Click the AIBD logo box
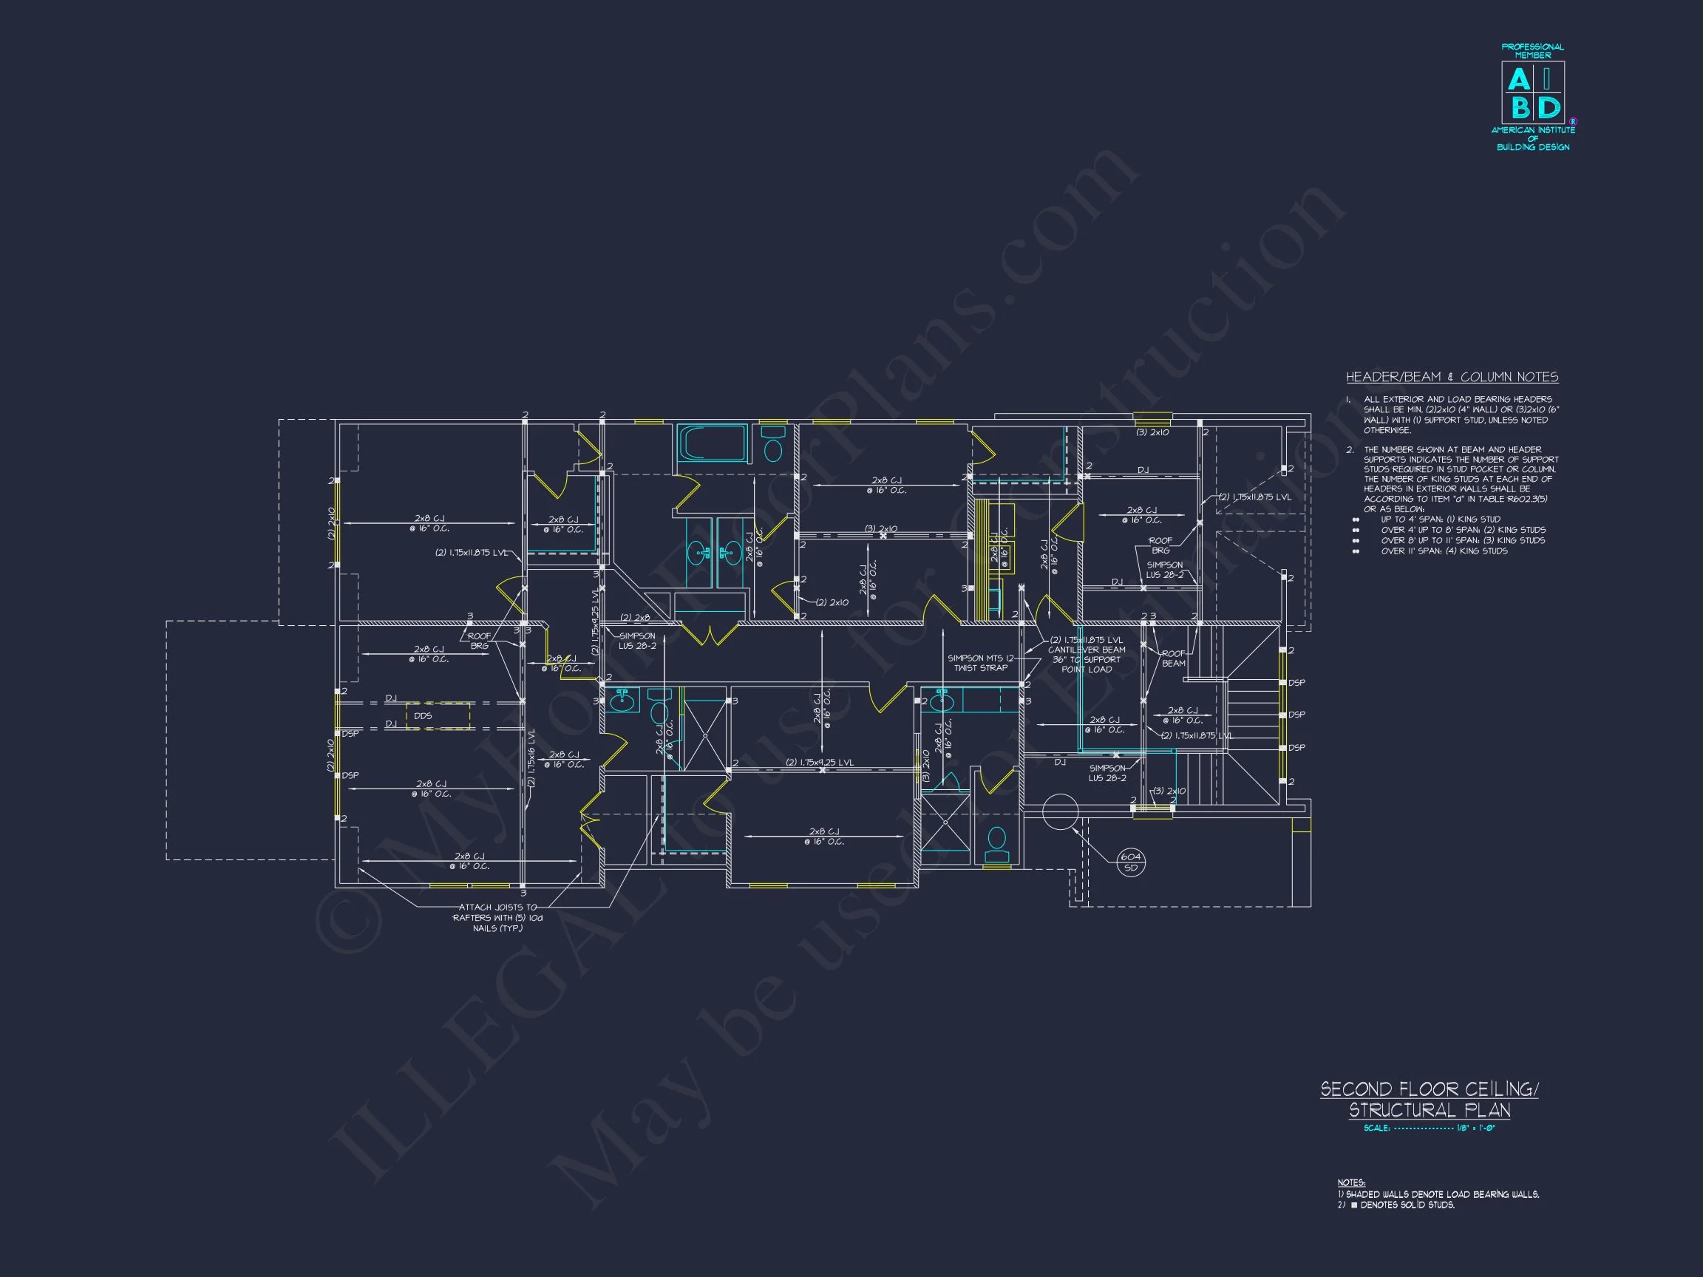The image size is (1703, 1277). click(x=1532, y=93)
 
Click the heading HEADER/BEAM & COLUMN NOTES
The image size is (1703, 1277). click(x=1452, y=377)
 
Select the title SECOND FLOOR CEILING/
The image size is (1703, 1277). click(x=1430, y=1089)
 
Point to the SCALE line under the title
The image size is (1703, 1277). click(x=1429, y=1128)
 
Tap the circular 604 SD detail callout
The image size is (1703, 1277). click(x=1130, y=862)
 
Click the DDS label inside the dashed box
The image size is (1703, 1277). click(x=423, y=716)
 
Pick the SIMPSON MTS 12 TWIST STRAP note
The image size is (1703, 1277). click(x=980, y=663)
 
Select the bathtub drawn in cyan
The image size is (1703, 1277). click(x=712, y=443)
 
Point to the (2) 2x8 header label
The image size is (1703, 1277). click(x=635, y=617)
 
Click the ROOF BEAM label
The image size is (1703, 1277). click(x=1173, y=658)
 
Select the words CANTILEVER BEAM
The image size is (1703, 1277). click(x=1087, y=650)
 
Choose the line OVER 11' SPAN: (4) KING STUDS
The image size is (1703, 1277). click(x=1444, y=551)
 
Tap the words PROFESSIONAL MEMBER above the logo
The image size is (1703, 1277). click(x=1533, y=51)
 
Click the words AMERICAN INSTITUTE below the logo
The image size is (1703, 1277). click(x=1533, y=130)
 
